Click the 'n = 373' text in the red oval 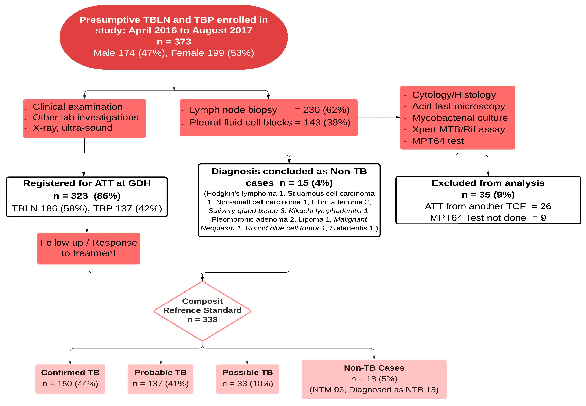tap(174, 42)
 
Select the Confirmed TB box tap(70, 379)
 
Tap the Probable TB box tap(160, 379)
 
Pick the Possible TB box tap(247, 379)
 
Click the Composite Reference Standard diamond tap(202, 311)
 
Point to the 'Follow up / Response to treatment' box tap(88, 248)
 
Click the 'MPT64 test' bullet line tap(438, 141)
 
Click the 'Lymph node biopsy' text tap(233, 110)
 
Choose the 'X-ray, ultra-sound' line tap(72, 128)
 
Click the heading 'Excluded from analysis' tap(488, 183)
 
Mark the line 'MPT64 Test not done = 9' tap(488, 218)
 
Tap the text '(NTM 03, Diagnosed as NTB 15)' tap(374, 390)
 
